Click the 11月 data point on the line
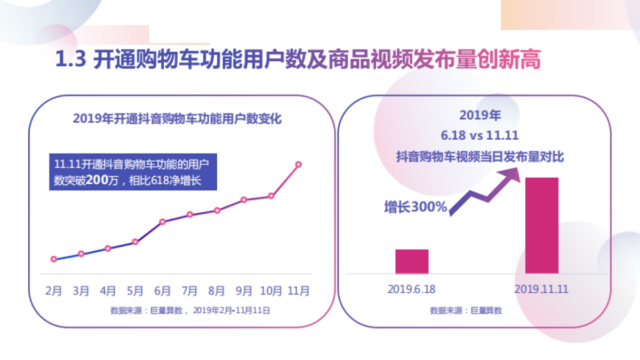pyautogui.click(x=298, y=164)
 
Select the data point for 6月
pyautogui.click(x=163, y=221)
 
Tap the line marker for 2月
pyautogui.click(x=54, y=259)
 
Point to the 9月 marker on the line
pyautogui.click(x=244, y=200)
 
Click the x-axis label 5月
pyautogui.click(x=135, y=291)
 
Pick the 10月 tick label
pyautogui.click(x=271, y=291)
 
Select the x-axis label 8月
pyautogui.click(x=217, y=291)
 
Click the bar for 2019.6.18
pyautogui.click(x=412, y=261)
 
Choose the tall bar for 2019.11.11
pyautogui.click(x=542, y=226)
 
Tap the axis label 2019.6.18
pyautogui.click(x=412, y=289)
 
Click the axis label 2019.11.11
pyautogui.click(x=542, y=289)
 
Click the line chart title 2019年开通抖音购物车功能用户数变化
pyautogui.click(x=177, y=118)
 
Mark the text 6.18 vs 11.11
pyautogui.click(x=479, y=135)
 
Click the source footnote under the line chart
pyautogui.click(x=190, y=310)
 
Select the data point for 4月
pyautogui.click(x=108, y=249)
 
